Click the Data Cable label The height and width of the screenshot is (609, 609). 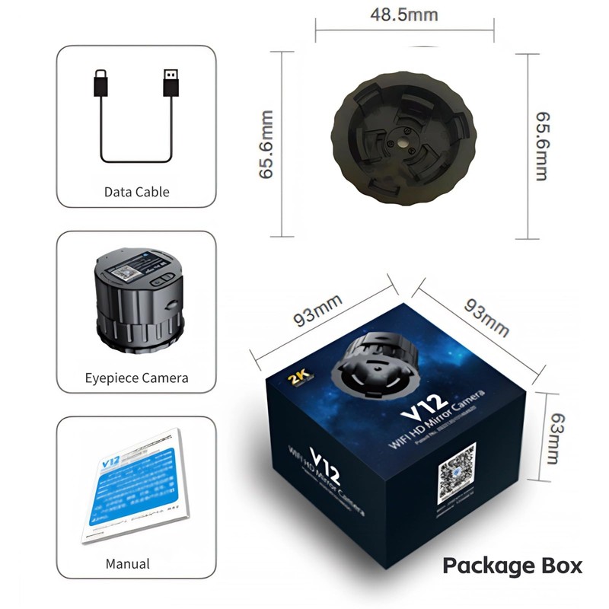(x=136, y=192)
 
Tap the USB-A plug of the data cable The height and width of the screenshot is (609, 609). (x=171, y=82)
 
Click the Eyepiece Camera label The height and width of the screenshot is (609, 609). (x=136, y=378)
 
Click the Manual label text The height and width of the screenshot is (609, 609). (x=127, y=564)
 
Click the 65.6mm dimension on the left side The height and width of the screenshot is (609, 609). (x=267, y=145)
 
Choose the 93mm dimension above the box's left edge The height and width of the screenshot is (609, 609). (x=318, y=313)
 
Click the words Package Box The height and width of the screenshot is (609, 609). (x=512, y=566)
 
